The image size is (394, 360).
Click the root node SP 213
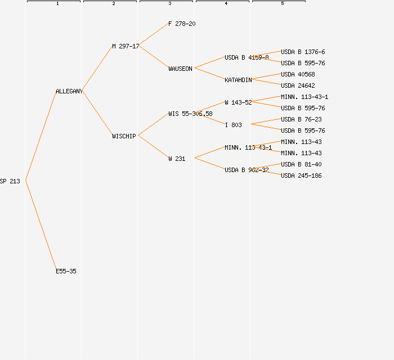(10, 181)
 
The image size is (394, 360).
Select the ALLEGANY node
(69, 91)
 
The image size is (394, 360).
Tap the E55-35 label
(66, 271)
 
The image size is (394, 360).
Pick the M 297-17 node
(126, 46)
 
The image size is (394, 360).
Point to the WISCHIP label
(124, 136)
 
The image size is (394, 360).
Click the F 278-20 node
(182, 24)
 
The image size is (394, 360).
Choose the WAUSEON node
(180, 69)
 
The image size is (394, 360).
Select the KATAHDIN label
(238, 80)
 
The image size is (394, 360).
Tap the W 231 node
(177, 159)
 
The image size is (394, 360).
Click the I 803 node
(233, 125)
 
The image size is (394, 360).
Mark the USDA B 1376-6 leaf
(303, 52)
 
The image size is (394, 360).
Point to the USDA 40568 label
(298, 74)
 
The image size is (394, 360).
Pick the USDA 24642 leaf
(298, 85)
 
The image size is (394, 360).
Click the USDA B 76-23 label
(301, 119)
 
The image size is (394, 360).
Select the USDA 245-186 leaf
(301, 175)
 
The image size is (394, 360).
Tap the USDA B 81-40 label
(301, 164)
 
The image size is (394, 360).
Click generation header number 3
(169, 4)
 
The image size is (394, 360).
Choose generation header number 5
(282, 4)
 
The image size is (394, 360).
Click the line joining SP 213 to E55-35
(41, 225)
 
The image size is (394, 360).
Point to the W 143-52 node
(238, 102)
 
